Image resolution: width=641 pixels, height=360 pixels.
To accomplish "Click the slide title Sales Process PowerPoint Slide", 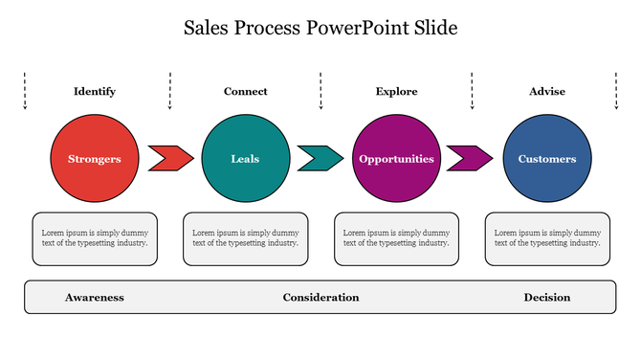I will tap(320, 28).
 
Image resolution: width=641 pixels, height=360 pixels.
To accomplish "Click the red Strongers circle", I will tap(95, 159).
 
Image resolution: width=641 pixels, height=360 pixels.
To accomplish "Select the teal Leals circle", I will tap(245, 159).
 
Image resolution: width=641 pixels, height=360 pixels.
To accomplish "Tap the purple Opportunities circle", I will tap(396, 159).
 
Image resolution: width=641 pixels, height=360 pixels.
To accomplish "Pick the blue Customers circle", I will tap(547, 159).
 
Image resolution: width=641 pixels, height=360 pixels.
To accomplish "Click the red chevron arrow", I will tap(170, 158).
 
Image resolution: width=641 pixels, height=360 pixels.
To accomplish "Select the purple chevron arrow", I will tap(470, 158).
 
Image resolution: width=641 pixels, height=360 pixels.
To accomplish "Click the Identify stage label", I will tap(95, 92).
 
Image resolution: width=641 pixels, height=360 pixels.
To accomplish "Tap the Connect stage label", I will tap(246, 92).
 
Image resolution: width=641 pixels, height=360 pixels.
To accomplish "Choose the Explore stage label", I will tap(396, 92).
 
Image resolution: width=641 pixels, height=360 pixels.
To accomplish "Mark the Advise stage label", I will tap(547, 92).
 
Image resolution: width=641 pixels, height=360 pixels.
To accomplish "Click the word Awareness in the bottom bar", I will tap(95, 298).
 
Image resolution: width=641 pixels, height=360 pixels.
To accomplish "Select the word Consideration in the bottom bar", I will tap(320, 298).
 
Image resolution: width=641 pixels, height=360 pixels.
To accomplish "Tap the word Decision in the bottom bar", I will tap(547, 298).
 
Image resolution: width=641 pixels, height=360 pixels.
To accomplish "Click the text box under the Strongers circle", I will tap(95, 238).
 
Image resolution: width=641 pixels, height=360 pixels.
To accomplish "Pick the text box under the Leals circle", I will tap(246, 238).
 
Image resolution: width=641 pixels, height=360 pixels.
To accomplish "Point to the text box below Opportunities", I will tap(396, 238).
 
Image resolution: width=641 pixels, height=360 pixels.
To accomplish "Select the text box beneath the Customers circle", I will tap(547, 238).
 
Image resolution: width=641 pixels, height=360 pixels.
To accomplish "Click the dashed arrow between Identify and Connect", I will tap(170, 90).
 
